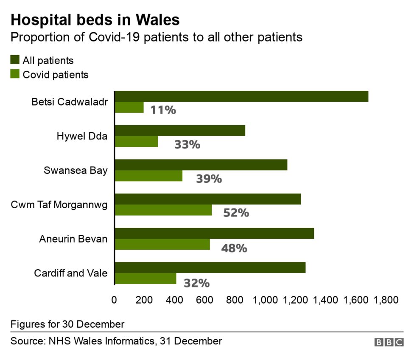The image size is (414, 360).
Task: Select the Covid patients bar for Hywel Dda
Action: [x=136, y=142]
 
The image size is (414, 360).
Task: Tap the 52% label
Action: [x=236, y=213]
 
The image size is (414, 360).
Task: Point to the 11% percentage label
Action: [x=163, y=110]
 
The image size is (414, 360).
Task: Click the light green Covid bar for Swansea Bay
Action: [x=148, y=176]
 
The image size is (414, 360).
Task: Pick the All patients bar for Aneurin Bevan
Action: [x=214, y=233]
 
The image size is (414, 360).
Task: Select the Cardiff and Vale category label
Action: [x=71, y=273]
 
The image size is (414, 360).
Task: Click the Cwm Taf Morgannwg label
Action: [x=59, y=205]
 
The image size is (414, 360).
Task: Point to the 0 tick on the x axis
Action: [x=114, y=300]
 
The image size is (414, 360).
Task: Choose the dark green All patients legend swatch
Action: [x=15, y=60]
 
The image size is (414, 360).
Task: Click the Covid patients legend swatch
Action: [x=15, y=74]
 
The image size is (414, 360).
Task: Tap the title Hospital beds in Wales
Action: [x=95, y=20]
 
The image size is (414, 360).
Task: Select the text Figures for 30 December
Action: [x=67, y=324]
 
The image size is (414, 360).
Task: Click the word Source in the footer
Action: [x=25, y=341]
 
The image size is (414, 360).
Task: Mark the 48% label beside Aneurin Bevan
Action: [x=234, y=248]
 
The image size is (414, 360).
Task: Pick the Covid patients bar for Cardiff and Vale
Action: [x=145, y=279]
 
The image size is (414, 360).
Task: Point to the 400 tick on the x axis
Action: [x=174, y=300]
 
